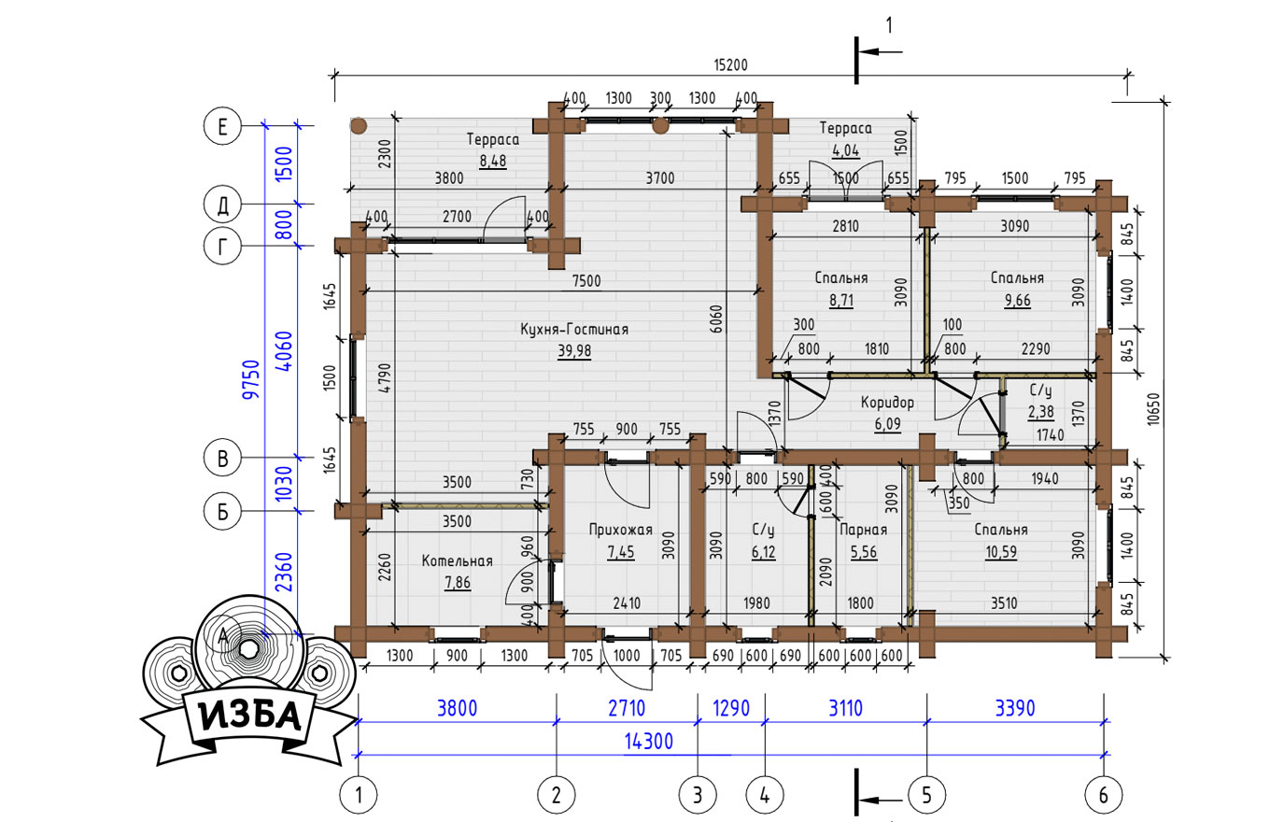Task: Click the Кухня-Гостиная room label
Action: pyautogui.click(x=574, y=330)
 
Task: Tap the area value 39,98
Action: pyautogui.click(x=574, y=351)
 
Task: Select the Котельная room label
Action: pyautogui.click(x=457, y=561)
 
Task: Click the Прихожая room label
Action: pyautogui.click(x=621, y=530)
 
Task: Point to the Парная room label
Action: pyautogui.click(x=863, y=530)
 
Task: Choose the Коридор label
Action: pyautogui.click(x=887, y=403)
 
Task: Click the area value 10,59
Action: pyautogui.click(x=1001, y=552)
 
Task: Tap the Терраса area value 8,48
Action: pyautogui.click(x=493, y=161)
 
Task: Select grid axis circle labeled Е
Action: pyautogui.click(x=223, y=125)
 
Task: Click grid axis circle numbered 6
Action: pyautogui.click(x=1104, y=795)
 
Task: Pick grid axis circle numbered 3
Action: pyautogui.click(x=698, y=795)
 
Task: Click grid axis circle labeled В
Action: pyautogui.click(x=223, y=458)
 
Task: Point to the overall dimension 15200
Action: pyautogui.click(x=730, y=65)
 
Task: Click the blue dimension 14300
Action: pyautogui.click(x=649, y=742)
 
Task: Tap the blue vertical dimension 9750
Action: pyautogui.click(x=251, y=379)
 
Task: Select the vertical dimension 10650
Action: pyautogui.click(x=1154, y=409)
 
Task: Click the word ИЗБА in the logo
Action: pyautogui.click(x=250, y=717)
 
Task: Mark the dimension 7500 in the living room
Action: pyautogui.click(x=586, y=281)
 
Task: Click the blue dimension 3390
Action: pyautogui.click(x=1015, y=709)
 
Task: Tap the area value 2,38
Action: pyautogui.click(x=1041, y=412)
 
